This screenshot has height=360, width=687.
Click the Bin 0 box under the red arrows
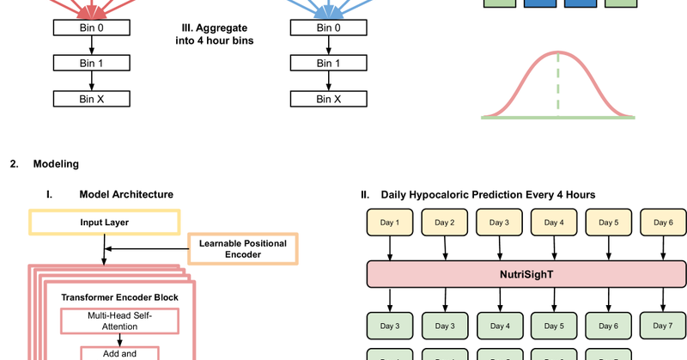coord(90,27)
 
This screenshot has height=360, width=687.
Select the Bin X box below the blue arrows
coord(326,99)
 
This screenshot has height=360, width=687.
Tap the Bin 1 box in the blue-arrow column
coord(326,64)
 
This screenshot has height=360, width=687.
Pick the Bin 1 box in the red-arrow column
coord(90,64)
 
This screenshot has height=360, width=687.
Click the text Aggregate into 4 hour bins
coord(208,34)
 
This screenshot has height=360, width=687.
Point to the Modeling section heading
coord(55,163)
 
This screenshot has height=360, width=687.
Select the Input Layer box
coord(105,223)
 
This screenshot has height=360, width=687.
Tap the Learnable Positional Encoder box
coord(242,248)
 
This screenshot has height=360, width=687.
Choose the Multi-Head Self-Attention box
coord(120,321)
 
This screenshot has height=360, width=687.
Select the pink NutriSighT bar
coord(526,276)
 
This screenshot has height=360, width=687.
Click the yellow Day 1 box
coord(390,223)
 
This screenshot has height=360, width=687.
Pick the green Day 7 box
coord(662,326)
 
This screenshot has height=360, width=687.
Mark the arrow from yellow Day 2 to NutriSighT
coord(445,248)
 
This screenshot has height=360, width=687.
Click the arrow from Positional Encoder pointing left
coord(146,248)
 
